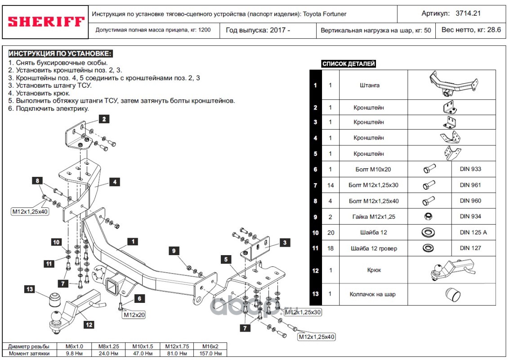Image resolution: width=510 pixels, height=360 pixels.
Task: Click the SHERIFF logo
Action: click(45, 21)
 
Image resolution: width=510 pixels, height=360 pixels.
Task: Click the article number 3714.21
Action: click(468, 13)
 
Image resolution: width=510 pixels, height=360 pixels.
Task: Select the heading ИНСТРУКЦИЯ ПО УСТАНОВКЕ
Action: click(59, 54)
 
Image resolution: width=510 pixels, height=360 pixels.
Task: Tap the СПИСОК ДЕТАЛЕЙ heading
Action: click(349, 64)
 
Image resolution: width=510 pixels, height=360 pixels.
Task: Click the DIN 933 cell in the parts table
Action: click(470, 169)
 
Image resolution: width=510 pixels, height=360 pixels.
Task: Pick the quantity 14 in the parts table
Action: click(330, 185)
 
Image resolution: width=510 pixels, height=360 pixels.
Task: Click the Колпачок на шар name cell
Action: click(373, 294)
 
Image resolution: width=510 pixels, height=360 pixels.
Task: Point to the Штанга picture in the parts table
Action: click(452, 85)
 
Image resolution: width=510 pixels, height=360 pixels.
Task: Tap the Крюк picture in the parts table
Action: click(452, 270)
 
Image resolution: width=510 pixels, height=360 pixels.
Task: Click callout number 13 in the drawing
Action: click(30, 289)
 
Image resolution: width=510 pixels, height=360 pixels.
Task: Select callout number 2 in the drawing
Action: click(104, 119)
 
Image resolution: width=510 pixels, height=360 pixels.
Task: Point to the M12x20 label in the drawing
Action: click(134, 315)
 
